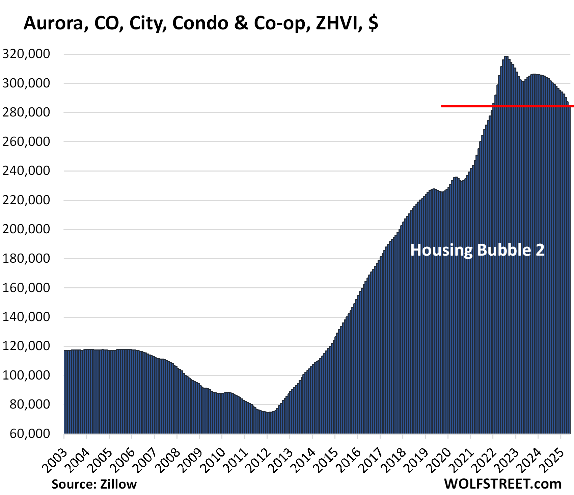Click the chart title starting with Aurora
click(x=201, y=23)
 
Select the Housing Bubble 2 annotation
click(x=477, y=250)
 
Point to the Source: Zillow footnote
click(x=94, y=484)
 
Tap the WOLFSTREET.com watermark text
click(x=502, y=484)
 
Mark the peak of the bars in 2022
click(x=505, y=57)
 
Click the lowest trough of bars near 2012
click(x=268, y=413)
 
